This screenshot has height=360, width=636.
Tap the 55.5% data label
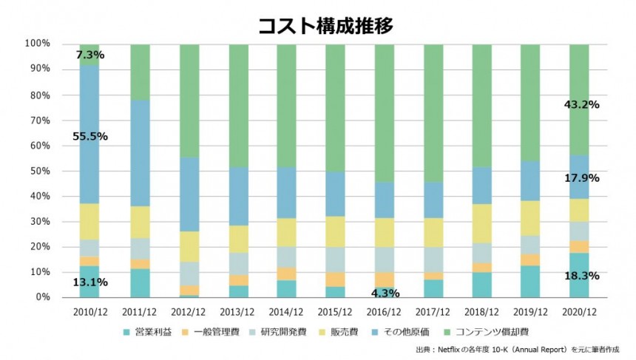[x=90, y=136]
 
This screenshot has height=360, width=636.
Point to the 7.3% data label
[x=90, y=55]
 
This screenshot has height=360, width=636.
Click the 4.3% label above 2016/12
[x=385, y=293]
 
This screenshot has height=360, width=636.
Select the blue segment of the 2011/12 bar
[x=140, y=153]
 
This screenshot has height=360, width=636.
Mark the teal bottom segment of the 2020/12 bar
[x=579, y=285]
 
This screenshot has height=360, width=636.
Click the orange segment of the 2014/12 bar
[x=286, y=274]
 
